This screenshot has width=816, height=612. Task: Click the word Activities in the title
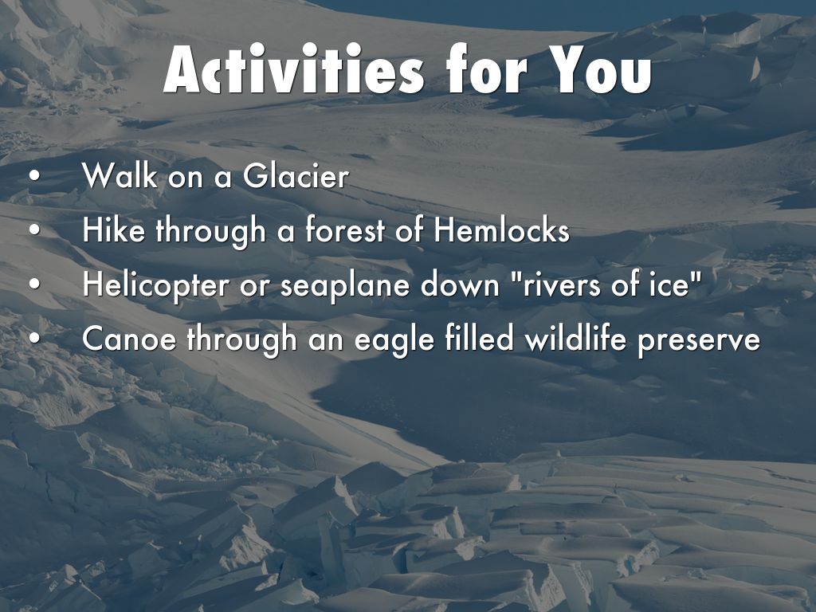point(293,69)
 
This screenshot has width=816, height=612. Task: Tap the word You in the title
point(599,69)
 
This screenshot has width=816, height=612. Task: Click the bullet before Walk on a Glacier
point(34,176)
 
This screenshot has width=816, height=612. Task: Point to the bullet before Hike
point(34,230)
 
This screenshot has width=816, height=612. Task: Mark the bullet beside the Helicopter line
point(34,284)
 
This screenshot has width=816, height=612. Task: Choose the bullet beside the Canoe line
point(34,339)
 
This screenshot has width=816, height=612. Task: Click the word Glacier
point(296,175)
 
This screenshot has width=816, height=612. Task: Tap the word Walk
point(120,175)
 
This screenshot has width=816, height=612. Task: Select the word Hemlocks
point(502,229)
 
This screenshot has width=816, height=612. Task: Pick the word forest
point(345,229)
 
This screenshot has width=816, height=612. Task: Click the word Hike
point(113,229)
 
